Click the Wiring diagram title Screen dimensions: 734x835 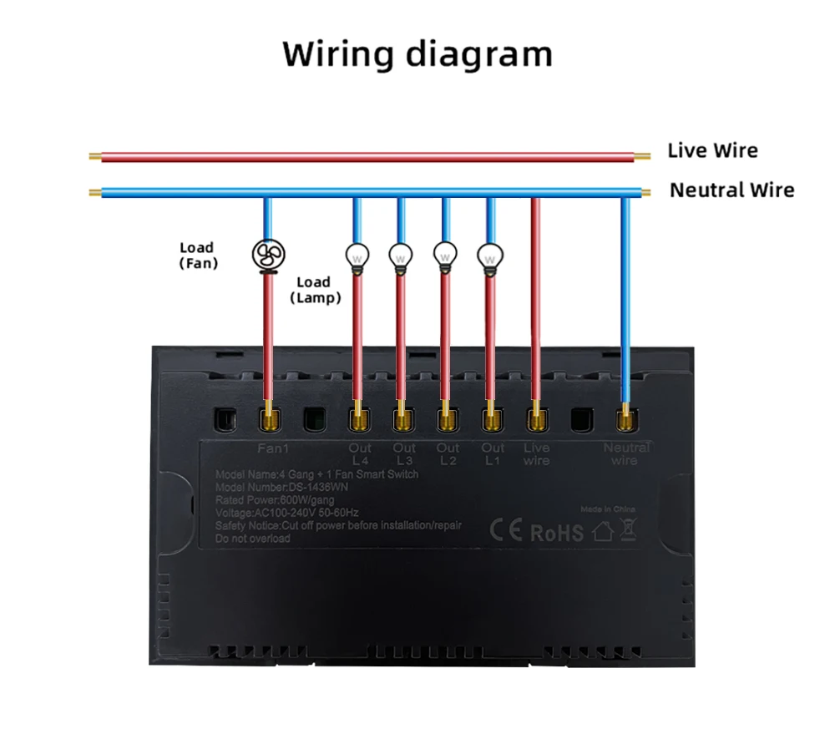417,54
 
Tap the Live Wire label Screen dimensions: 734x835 712,151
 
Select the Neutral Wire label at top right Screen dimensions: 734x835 731,190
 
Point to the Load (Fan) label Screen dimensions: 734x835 198,256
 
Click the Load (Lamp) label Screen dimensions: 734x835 315,290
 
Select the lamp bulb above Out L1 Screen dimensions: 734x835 490,256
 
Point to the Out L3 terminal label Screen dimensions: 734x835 404,454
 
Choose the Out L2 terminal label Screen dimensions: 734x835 448,454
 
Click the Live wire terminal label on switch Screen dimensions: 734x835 536,454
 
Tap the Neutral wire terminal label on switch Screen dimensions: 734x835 625,454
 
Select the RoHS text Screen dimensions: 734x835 557,533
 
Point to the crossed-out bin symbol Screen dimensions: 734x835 627,529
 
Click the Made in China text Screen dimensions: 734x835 608,509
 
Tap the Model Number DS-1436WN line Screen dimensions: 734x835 275,487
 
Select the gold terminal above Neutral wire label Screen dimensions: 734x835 625,415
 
